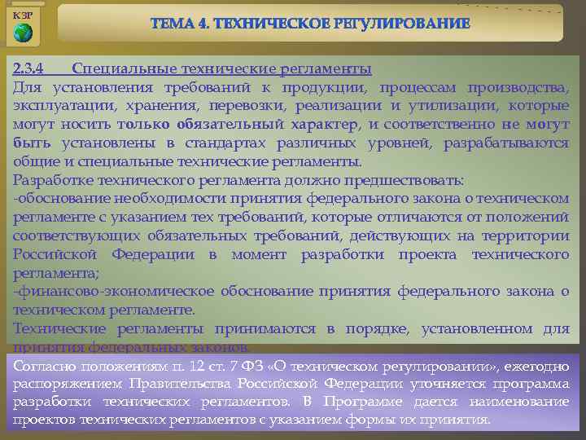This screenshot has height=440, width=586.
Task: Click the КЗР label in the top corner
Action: [x=23, y=15]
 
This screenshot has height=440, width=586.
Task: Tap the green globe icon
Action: [x=24, y=33]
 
